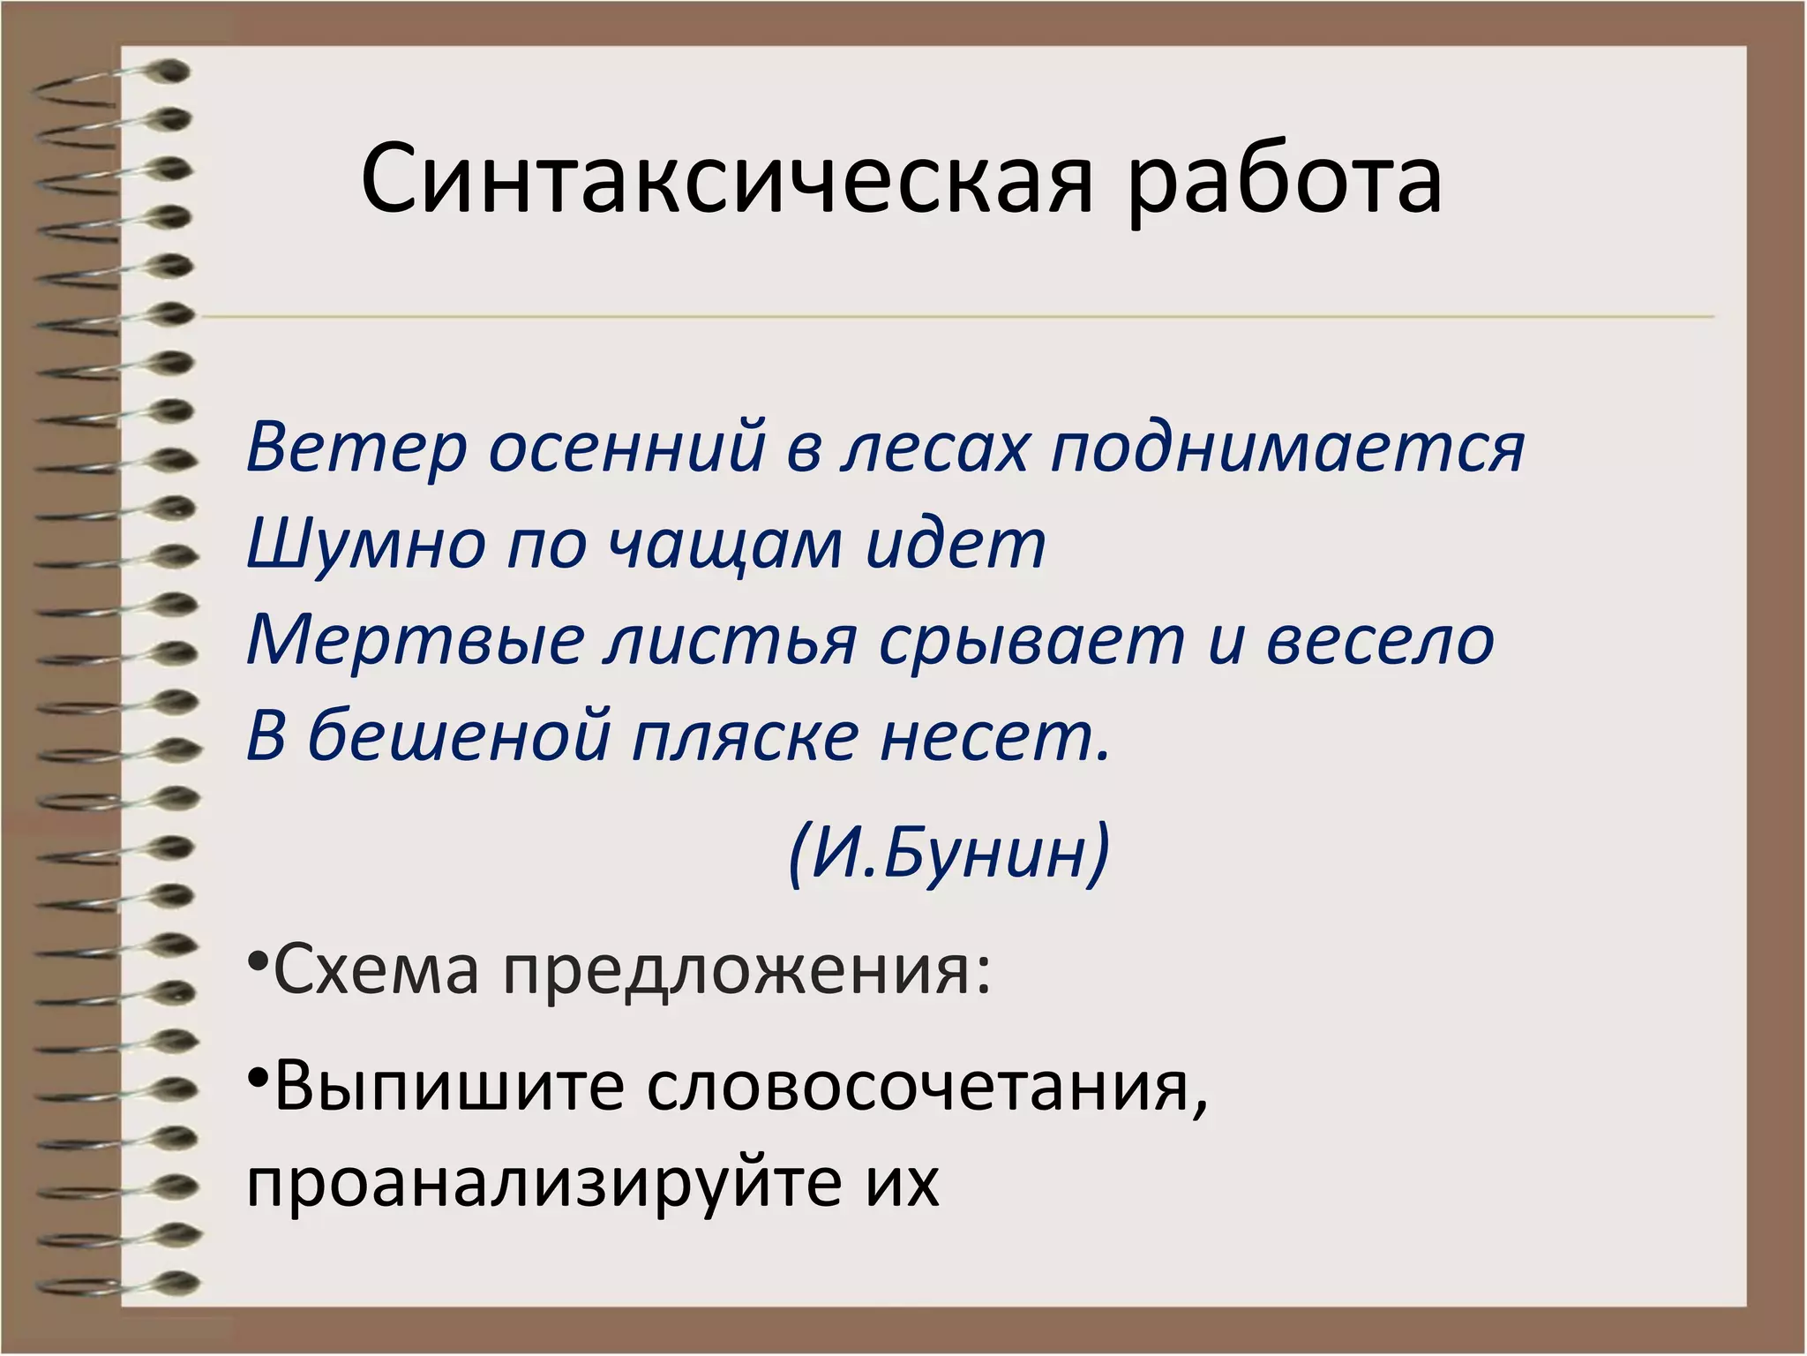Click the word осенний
tap(626, 448)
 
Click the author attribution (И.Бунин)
tap(948, 853)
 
